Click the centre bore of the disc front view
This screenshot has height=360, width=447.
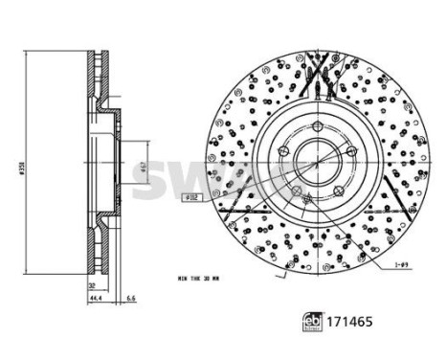315,157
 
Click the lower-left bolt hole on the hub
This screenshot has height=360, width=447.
297,191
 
